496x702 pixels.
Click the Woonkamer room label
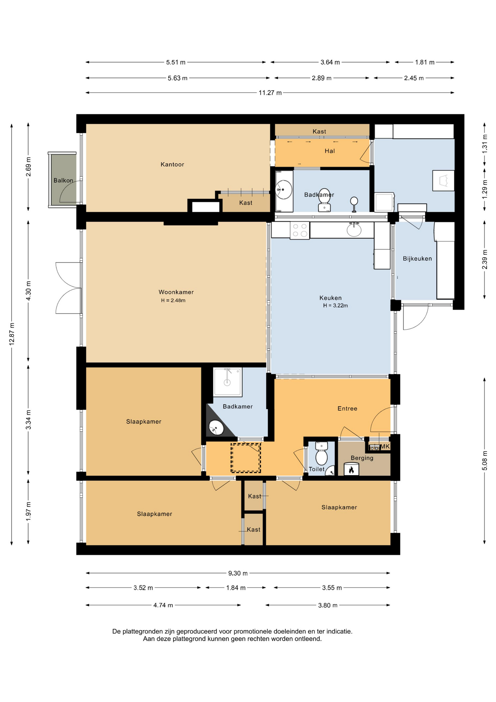pos(176,292)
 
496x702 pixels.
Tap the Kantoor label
pos(172,165)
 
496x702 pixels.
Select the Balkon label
pos(63,180)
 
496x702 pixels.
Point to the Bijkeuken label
pos(417,258)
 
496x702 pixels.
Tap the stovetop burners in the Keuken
pos(300,231)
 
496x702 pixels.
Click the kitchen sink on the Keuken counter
pos(354,230)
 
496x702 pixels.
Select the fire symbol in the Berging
pos(351,469)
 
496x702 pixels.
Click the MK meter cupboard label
pos(385,446)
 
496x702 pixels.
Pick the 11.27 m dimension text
pos(270,93)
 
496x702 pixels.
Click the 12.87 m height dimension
pos(12,334)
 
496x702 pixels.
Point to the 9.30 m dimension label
pos(238,573)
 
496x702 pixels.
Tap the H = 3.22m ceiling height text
pos(335,306)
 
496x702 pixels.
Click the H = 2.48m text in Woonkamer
pos(173,301)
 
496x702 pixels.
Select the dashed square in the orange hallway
pos(245,458)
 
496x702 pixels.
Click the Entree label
pos(347,408)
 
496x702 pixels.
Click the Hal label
pos(330,151)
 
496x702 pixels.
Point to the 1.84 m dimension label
pos(236,588)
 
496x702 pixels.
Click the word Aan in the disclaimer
pos(149,639)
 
